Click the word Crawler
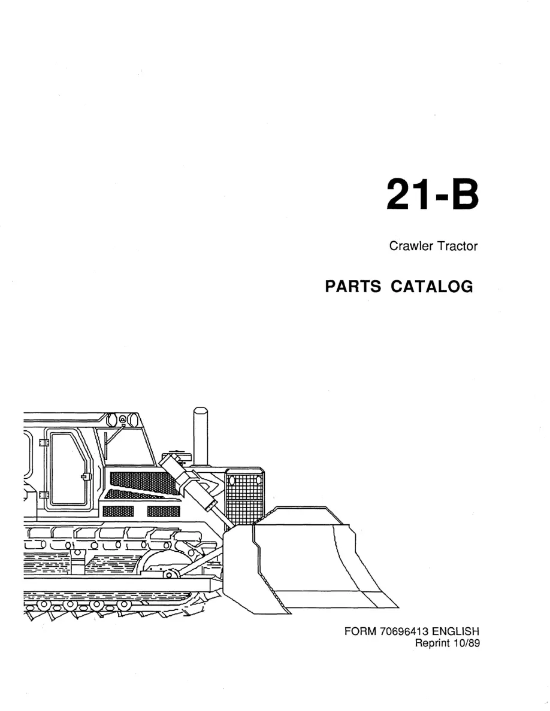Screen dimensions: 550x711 click(411, 246)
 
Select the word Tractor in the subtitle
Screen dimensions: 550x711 click(457, 246)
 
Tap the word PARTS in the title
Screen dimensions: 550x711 click(353, 287)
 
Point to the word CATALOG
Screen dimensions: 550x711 click(432, 287)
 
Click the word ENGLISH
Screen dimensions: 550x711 click(455, 631)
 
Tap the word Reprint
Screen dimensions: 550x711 click(433, 643)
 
